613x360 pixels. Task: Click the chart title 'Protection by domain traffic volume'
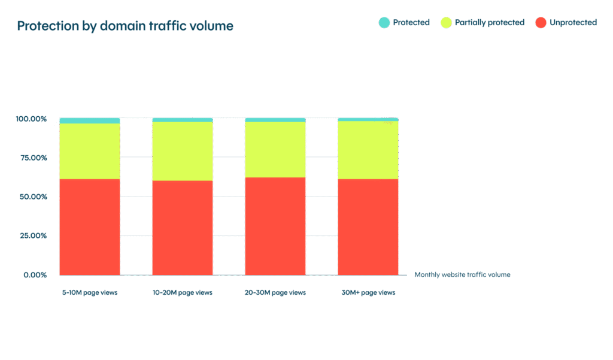[x=125, y=26]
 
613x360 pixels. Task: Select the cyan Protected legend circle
[x=384, y=23]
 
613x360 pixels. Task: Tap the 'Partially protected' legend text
[x=489, y=23]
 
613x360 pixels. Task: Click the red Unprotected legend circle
[x=540, y=23]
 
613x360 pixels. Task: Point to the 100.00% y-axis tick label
[x=31, y=119]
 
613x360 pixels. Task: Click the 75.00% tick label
[x=32, y=158]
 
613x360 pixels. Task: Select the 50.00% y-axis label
[x=32, y=197]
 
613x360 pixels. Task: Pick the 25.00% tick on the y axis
[x=32, y=236]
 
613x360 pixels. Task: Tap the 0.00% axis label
[x=34, y=275]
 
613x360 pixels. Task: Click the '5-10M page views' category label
[x=90, y=293]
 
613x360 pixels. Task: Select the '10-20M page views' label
[x=183, y=293]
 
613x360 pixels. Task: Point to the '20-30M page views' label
[x=275, y=293]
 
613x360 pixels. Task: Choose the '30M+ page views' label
[x=368, y=293]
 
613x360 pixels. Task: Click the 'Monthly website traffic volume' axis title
[x=462, y=275]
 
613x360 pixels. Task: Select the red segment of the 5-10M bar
[x=90, y=228]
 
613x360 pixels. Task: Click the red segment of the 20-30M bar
[x=275, y=228]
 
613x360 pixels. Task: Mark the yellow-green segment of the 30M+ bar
[x=368, y=150]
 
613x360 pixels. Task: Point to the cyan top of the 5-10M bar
[x=90, y=120]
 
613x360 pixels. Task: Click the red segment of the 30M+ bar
[x=368, y=228]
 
